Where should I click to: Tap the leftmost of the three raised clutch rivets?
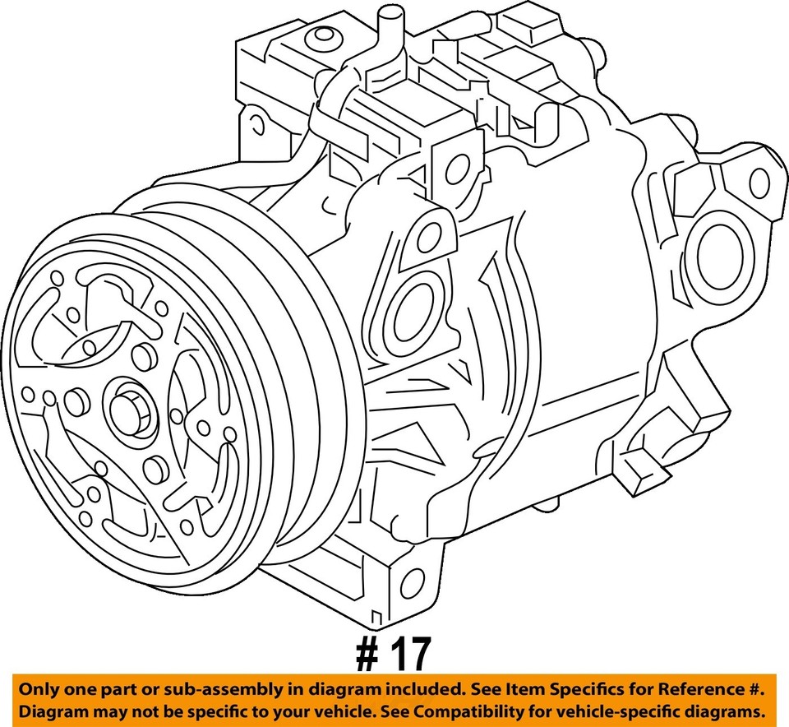click(x=76, y=401)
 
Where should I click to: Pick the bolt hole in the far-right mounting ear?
click(x=759, y=182)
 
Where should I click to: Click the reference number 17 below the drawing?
click(x=394, y=655)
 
